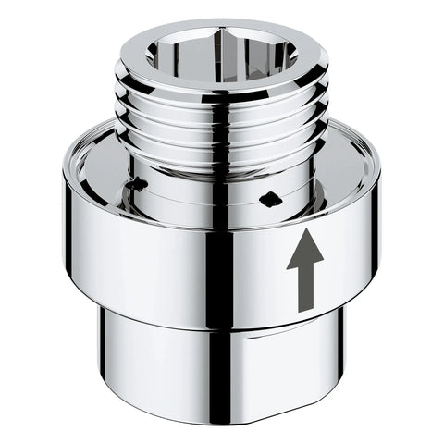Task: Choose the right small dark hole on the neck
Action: tap(269, 197)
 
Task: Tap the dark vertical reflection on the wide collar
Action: tap(218, 268)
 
